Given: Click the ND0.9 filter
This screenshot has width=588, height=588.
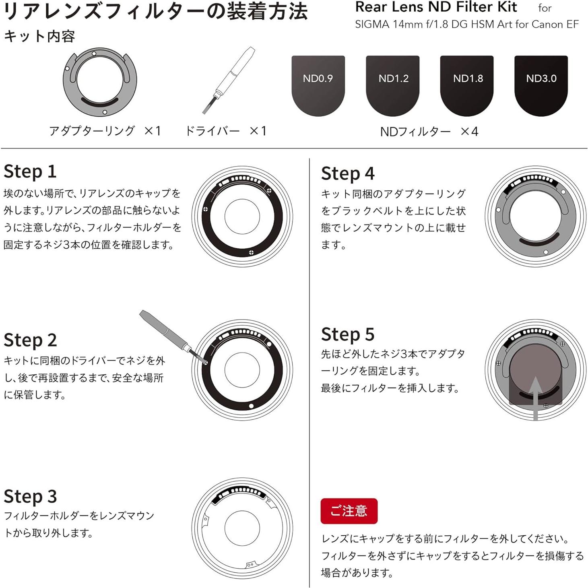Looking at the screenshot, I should [x=318, y=85].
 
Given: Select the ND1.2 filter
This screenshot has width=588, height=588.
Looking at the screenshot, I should [x=392, y=85].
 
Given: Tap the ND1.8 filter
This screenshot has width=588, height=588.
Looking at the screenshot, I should [x=467, y=85].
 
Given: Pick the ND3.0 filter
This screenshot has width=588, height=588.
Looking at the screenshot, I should [x=541, y=85].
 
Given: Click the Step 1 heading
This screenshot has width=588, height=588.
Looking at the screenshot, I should [x=30, y=171].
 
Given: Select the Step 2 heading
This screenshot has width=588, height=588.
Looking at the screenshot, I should [x=30, y=340].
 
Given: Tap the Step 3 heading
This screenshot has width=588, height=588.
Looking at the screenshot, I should [x=30, y=496].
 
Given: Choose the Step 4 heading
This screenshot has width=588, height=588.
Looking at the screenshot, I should [x=348, y=174].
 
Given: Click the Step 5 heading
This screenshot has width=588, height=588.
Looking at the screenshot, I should [x=348, y=334].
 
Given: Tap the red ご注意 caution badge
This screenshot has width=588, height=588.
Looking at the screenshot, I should [x=349, y=511].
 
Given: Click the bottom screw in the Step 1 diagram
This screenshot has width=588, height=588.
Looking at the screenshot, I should [x=251, y=252].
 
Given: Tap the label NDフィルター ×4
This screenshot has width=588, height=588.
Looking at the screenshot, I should [x=429, y=132].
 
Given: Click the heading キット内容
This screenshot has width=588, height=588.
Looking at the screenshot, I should [x=39, y=37].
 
